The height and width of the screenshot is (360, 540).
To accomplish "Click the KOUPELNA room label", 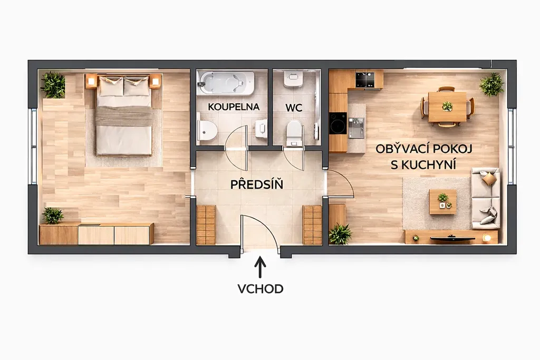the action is pyautogui.click(x=234, y=106).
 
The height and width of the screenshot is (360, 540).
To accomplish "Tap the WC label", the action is pyautogui.click(x=294, y=108).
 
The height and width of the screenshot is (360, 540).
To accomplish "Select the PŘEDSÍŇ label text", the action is pyautogui.click(x=257, y=184).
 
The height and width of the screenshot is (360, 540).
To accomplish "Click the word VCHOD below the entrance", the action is pyautogui.click(x=261, y=288).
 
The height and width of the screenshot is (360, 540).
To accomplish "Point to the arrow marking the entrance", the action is pyautogui.click(x=261, y=267).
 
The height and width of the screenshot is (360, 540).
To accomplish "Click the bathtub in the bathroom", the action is pyautogui.click(x=226, y=83).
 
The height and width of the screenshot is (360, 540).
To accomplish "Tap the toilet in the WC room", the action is pyautogui.click(x=294, y=133).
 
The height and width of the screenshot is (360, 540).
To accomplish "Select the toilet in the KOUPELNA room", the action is pyautogui.click(x=207, y=130).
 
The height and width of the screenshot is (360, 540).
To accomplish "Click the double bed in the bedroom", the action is pyautogui.click(x=124, y=115).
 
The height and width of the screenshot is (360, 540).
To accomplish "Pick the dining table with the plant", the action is pyautogui.click(x=447, y=106).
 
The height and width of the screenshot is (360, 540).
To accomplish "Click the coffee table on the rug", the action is pyautogui.click(x=443, y=201).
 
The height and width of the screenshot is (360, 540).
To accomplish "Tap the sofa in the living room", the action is pyautogui.click(x=486, y=198).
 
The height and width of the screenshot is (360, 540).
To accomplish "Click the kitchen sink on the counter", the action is pyautogui.click(x=356, y=128).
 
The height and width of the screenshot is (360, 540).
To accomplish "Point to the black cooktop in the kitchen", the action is pyautogui.click(x=365, y=80).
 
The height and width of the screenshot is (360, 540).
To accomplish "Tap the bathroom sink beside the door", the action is pyautogui.click(x=262, y=128).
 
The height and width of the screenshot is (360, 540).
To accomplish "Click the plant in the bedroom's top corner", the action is pyautogui.click(x=53, y=85).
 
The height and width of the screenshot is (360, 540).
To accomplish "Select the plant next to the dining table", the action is pyautogui.click(x=491, y=84).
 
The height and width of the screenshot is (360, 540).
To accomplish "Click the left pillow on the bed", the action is pyautogui.click(x=111, y=86).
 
